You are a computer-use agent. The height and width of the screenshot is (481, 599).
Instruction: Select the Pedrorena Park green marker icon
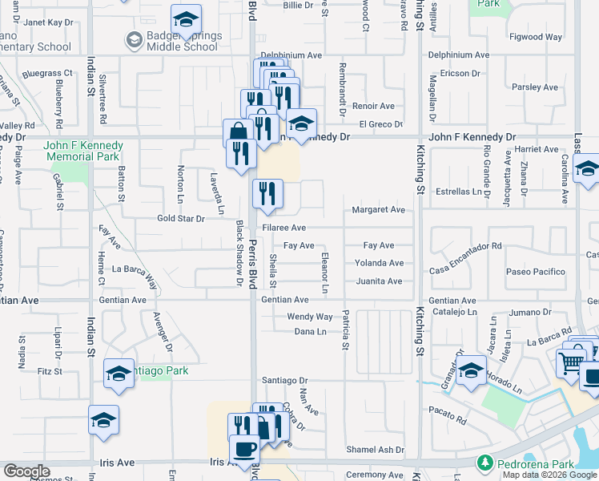[484, 463]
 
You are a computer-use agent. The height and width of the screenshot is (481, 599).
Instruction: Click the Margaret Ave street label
[378, 210]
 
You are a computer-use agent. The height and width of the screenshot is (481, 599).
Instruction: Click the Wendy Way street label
[309, 317]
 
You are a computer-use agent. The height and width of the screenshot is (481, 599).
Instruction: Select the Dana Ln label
[310, 331]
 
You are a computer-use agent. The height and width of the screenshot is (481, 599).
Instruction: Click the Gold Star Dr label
[181, 218]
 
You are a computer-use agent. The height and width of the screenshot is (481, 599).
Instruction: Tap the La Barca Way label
[135, 269]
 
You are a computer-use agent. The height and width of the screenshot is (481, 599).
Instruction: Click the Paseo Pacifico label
[535, 272]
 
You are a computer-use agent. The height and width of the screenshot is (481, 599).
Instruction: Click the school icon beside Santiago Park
[119, 373]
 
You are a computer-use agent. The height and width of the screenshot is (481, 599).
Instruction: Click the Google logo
[26, 471]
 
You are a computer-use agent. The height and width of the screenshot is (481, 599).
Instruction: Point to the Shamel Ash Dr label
[375, 451]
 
